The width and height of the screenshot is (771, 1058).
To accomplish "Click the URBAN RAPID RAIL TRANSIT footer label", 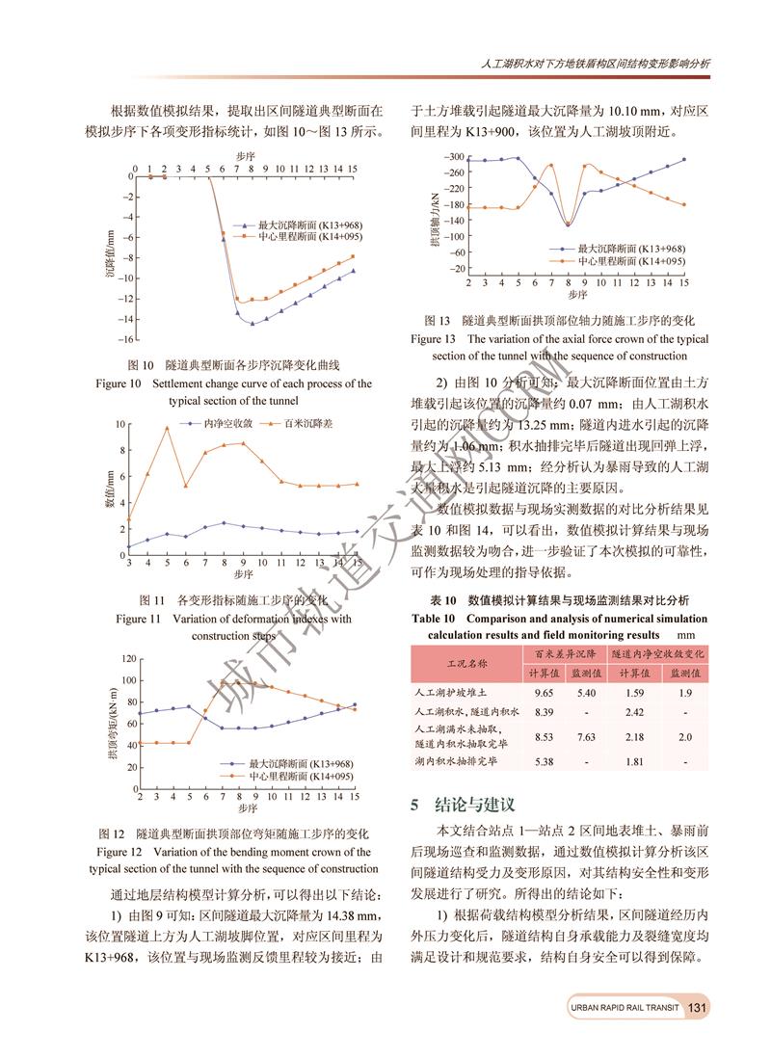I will click(x=625, y=1008).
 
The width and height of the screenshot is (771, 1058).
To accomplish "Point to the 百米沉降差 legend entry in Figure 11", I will click(x=286, y=424).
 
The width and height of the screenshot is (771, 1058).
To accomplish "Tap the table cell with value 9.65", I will click(x=546, y=692).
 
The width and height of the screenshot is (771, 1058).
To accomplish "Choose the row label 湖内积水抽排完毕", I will click(x=456, y=761).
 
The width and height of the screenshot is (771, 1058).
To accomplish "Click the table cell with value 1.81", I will click(x=634, y=761).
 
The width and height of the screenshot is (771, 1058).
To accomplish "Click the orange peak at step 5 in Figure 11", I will click(x=167, y=428).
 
